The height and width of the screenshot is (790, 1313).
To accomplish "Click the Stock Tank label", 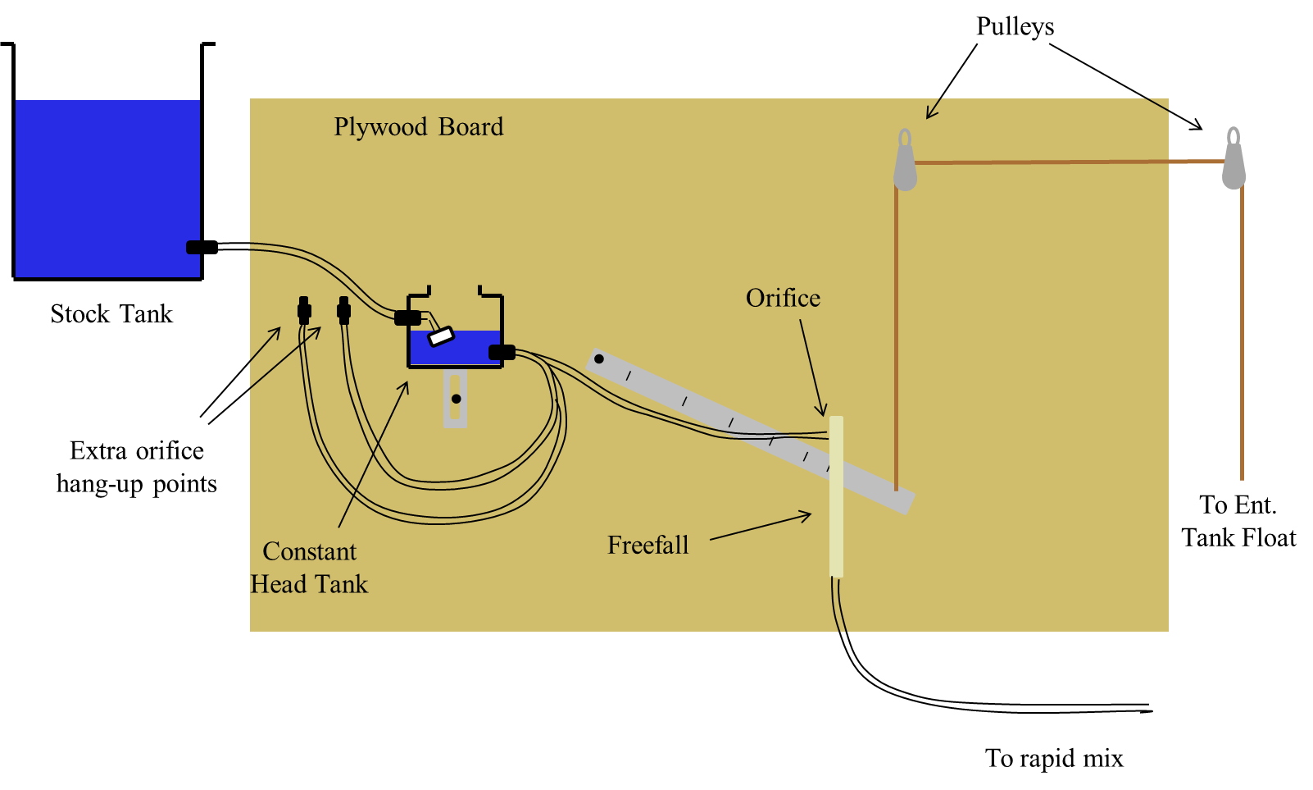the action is pyautogui.click(x=111, y=313).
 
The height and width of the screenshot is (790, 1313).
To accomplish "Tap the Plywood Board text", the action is pyautogui.click(x=419, y=127).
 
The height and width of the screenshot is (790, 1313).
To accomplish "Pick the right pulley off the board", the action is pyautogui.click(x=1233, y=158).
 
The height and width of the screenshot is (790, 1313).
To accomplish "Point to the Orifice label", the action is pyautogui.click(x=783, y=298).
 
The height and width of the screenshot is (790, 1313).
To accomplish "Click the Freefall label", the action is pyautogui.click(x=647, y=545).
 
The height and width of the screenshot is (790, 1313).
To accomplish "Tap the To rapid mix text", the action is pyautogui.click(x=1054, y=758).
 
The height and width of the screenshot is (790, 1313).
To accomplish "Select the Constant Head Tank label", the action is pyautogui.click(x=309, y=568).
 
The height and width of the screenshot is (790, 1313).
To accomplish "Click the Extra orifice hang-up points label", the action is pyautogui.click(x=137, y=468).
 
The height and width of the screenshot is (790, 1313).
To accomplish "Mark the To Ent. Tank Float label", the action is pyautogui.click(x=1238, y=522).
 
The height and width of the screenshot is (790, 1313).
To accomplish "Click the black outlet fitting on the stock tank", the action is pyautogui.click(x=202, y=248).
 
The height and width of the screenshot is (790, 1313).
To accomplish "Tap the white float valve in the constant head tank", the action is pyautogui.click(x=441, y=336).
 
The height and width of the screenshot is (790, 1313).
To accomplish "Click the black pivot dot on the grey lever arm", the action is pyautogui.click(x=598, y=359).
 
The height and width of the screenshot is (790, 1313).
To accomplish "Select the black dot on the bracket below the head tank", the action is pyautogui.click(x=456, y=399).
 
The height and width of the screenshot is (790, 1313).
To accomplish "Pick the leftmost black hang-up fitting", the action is pyautogui.click(x=303, y=310).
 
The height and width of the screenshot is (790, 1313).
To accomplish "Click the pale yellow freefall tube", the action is pyautogui.click(x=837, y=497).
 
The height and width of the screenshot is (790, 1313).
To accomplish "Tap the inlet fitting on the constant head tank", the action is pyautogui.click(x=407, y=317).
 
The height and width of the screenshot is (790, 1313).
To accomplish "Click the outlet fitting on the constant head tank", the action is pyautogui.click(x=502, y=353).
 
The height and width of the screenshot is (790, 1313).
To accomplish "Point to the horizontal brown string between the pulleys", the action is pyautogui.click(x=1070, y=162).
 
